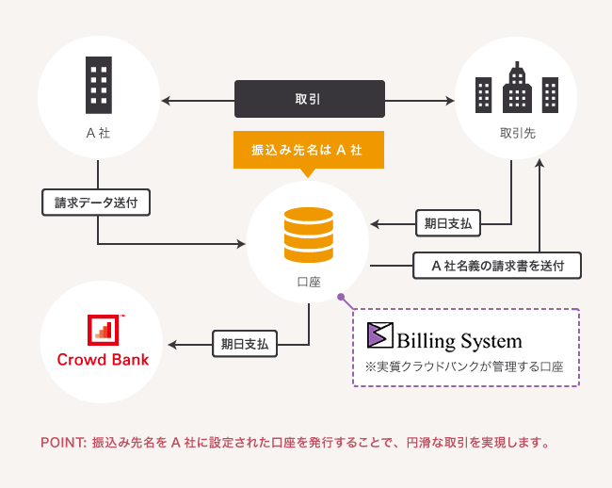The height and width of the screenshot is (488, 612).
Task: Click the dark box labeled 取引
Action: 309,99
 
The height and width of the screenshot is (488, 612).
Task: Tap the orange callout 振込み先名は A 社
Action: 309,150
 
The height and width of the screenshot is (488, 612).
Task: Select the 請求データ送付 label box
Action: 97,202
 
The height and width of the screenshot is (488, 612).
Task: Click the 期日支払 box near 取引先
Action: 448,223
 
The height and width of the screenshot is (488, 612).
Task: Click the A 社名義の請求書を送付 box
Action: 497,266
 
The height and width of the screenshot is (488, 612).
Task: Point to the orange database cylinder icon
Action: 308,235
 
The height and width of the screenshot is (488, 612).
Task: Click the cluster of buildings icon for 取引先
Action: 516,89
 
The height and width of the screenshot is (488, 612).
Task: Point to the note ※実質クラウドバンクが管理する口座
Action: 464,366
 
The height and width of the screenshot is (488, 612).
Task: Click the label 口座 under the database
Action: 308,282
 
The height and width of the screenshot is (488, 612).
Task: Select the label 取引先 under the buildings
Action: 517,134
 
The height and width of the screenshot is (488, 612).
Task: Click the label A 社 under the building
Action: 98,133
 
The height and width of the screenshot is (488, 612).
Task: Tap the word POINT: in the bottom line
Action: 64,442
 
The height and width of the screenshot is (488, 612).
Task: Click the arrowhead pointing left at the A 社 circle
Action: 166,100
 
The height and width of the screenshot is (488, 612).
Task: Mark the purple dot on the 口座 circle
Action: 340,296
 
